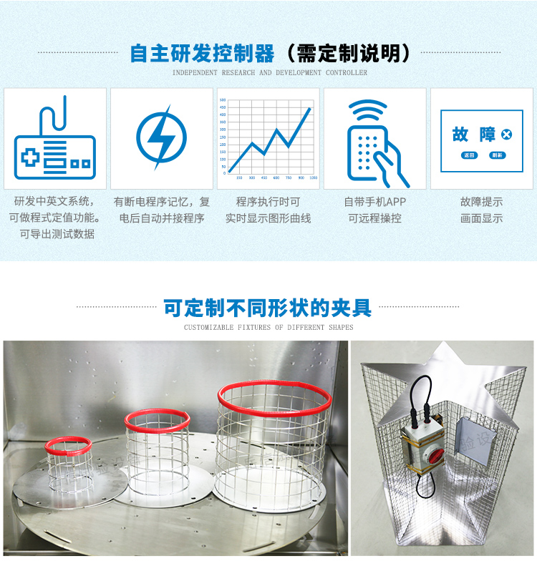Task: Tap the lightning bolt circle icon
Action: tap(161, 137)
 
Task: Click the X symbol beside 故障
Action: tap(507, 135)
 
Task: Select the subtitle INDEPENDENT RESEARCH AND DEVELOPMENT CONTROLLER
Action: tap(269, 73)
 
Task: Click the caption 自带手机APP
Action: tap(374, 203)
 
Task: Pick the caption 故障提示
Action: tap(481, 203)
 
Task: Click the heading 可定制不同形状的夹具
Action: tap(268, 308)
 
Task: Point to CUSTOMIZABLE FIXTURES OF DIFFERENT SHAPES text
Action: tap(268, 328)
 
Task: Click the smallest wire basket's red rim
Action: tap(68, 444)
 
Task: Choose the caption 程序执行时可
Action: tap(268, 203)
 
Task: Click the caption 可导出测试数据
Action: tap(57, 234)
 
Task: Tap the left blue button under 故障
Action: tap(469, 155)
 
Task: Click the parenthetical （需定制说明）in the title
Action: tap(347, 54)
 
